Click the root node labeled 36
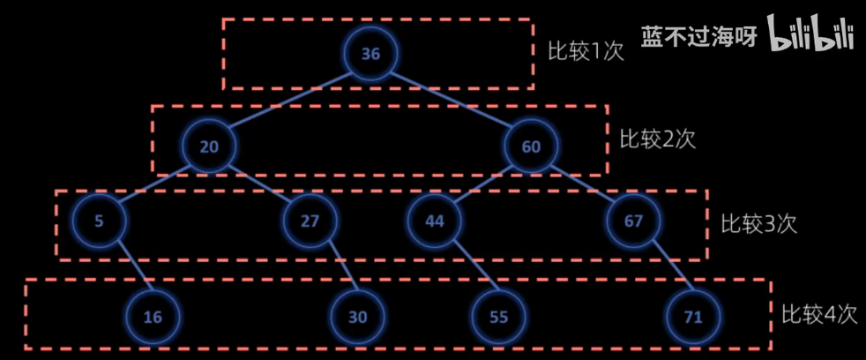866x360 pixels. tap(370, 54)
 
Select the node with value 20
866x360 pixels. tap(209, 146)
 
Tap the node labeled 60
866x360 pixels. tap(531, 146)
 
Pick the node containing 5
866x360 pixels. tap(98, 221)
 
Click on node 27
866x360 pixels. tap(310, 221)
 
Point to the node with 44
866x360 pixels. tap(435, 221)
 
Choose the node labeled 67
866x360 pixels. tap(634, 221)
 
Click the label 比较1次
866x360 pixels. tap(586, 50)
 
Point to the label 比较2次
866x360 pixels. tap(657, 139)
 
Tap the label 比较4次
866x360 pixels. tap(818, 314)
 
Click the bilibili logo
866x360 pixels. tap(811, 35)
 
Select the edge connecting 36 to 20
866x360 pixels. tap(289, 101)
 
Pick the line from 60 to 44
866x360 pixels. tap(483, 184)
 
